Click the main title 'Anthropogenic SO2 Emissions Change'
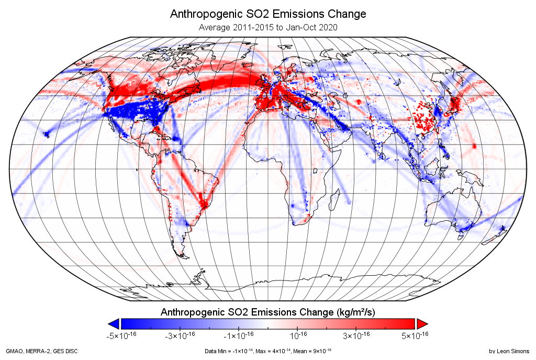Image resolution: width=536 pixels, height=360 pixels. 268,14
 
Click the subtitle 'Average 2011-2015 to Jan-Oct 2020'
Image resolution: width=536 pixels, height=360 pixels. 268,27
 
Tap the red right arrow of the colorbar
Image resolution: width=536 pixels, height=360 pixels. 422,323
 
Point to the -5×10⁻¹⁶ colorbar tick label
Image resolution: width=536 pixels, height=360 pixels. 121,335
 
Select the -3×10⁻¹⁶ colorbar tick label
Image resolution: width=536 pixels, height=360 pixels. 180,335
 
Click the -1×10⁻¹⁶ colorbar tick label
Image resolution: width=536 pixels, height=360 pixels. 239,335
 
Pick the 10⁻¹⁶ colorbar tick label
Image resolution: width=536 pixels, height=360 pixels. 298,335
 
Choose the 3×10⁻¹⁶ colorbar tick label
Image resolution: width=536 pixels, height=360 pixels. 356,335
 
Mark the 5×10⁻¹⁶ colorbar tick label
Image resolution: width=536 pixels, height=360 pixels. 415,335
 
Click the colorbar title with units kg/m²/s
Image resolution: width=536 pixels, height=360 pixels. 268,312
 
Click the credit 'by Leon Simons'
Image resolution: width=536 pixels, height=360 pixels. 509,351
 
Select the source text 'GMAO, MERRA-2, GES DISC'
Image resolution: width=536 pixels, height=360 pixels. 42,351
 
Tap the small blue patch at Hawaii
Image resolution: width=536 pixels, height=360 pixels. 46,134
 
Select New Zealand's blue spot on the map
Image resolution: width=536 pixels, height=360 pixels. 502,228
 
